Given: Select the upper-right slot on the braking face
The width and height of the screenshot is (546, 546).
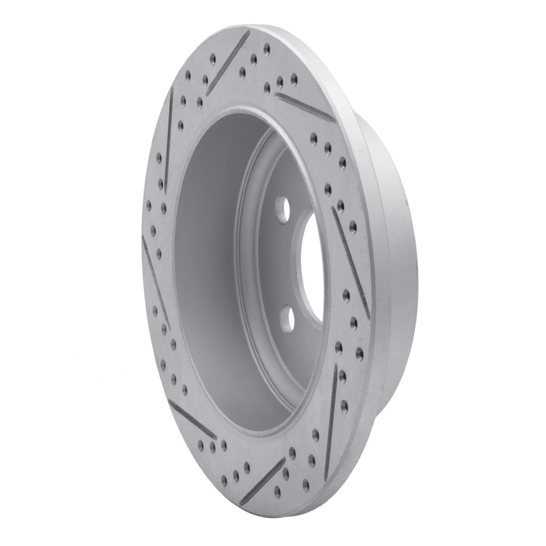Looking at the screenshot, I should pyautogui.click(x=305, y=106).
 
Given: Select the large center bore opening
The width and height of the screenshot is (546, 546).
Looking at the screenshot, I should pyautogui.click(x=311, y=263).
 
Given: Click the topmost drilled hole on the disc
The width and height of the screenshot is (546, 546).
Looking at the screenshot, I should pyautogui.click(x=267, y=47).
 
